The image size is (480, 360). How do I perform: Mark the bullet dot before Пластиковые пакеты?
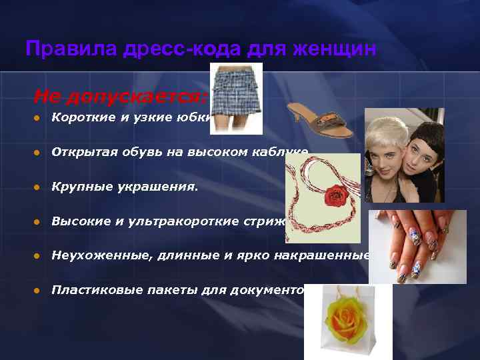tap(37, 289)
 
